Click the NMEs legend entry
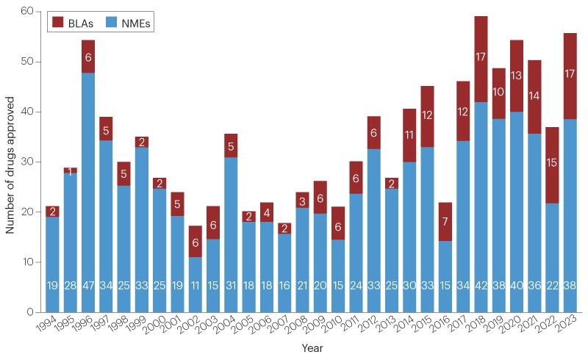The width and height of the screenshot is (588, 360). [x=126, y=23]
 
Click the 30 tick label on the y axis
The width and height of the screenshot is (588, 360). [x=28, y=162]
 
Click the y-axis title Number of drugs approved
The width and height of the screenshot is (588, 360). [x=10, y=162]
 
